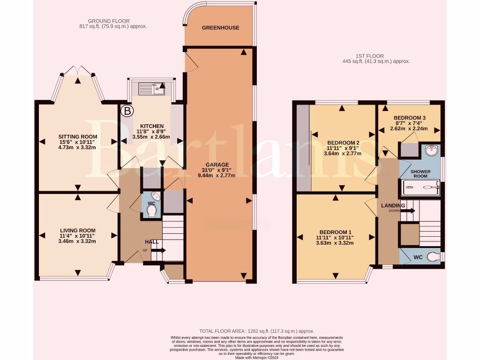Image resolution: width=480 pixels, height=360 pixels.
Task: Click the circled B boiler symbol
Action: [127, 111]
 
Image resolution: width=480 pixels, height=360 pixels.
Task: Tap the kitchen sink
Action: [151, 88]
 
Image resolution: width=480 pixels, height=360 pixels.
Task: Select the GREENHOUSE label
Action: [220, 28]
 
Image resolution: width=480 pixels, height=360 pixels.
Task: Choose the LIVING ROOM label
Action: [77, 231]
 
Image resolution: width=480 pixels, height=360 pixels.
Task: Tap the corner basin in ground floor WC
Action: [157, 196]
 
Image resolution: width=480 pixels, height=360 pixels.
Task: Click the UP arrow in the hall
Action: [158, 250]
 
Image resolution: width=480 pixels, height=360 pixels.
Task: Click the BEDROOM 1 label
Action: [335, 232]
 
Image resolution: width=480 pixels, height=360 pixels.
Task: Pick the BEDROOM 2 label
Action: [343, 143]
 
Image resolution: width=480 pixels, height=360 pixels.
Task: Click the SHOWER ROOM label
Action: [420, 174]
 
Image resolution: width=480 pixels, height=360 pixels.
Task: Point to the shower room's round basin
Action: [432, 151]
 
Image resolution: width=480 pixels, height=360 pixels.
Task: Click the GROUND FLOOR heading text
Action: [109, 21]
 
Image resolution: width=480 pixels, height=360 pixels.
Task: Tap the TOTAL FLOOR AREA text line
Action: [257, 331]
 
